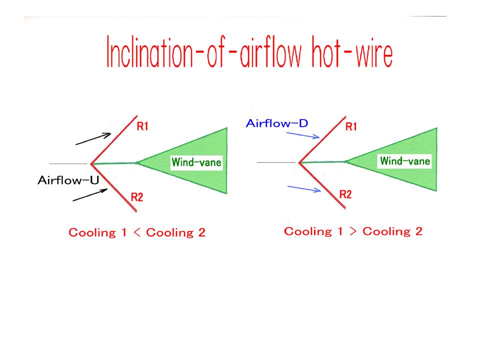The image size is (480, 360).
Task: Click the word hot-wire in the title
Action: coord(352,51)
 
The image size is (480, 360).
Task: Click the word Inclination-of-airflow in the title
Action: coord(204,51)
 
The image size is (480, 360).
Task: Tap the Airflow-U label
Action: coord(68,180)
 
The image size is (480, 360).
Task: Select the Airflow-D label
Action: coord(276,123)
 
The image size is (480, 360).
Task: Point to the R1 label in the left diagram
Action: coord(142,126)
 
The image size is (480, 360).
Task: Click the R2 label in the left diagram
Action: coord(137,197)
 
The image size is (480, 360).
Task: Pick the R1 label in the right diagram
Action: coord(351,126)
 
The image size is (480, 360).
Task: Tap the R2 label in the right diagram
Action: coord(345,194)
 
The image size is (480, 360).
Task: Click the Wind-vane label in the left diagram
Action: coord(196,162)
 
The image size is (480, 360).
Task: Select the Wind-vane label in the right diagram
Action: coord(405,160)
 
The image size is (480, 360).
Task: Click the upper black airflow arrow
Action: coord(93,138)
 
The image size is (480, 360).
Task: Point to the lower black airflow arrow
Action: coord(90,195)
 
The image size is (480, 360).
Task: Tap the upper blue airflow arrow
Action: coord(303,135)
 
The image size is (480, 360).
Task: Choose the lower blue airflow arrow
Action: coord(304,189)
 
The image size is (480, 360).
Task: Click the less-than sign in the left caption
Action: coord(137,232)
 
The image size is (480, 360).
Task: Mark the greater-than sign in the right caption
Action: coord(353,231)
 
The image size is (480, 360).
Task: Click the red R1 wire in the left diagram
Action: coord(114,140)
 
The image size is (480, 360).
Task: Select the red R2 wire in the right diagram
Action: coord(322,185)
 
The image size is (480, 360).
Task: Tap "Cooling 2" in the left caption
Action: coord(175,232)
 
